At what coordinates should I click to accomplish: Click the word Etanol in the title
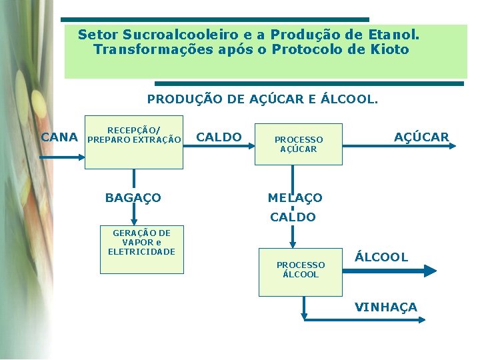(x=393, y=34)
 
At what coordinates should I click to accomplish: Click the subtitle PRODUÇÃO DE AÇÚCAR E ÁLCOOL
(x=262, y=99)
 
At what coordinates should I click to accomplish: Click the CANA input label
(x=59, y=137)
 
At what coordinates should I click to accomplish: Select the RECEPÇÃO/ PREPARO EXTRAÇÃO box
(x=134, y=141)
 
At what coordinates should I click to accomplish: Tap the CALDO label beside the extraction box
(x=219, y=137)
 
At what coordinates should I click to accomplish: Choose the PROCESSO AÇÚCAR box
(x=299, y=144)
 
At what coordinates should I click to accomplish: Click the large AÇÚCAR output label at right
(x=421, y=137)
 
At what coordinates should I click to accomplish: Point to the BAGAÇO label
(x=133, y=198)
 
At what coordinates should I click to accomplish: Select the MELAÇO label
(x=295, y=198)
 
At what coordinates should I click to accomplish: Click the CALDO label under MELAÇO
(x=293, y=217)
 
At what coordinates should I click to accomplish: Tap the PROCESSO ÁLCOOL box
(x=300, y=269)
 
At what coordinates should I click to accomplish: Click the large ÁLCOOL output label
(x=381, y=257)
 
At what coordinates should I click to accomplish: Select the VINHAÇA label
(x=386, y=307)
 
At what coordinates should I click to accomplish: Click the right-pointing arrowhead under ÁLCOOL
(x=430, y=270)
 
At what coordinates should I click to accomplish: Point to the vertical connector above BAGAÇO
(x=134, y=178)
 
